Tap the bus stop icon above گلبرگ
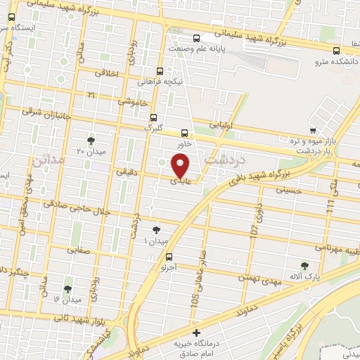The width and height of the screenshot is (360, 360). point(154,118)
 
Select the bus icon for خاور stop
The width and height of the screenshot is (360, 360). point(185,132)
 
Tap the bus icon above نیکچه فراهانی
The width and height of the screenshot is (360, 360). point(161,71)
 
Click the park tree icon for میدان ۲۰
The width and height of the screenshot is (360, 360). point(90,140)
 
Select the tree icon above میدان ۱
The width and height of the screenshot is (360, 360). point(156,229)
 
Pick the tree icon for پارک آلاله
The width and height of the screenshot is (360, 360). point(304,265)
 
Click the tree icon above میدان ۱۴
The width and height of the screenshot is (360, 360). point(68,288)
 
